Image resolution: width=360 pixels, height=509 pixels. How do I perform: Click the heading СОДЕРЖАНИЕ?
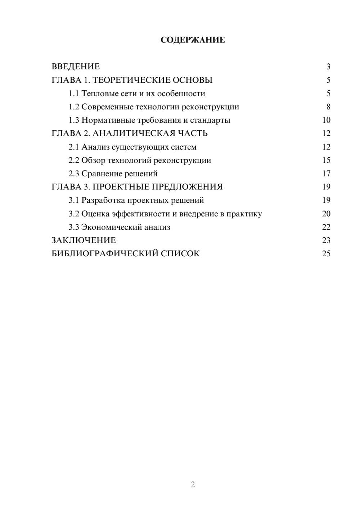click(x=193, y=40)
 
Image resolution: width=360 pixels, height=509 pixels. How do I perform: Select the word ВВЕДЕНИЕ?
click(x=76, y=67)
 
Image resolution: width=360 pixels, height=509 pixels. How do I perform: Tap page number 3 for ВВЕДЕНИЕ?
click(x=328, y=67)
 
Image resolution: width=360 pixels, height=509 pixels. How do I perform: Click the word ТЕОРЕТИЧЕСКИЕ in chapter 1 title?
click(x=130, y=80)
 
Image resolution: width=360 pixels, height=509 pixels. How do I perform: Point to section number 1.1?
click(x=74, y=94)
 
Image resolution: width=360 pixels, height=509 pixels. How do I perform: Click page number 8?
click(x=328, y=107)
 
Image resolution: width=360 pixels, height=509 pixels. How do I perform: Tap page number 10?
click(x=326, y=120)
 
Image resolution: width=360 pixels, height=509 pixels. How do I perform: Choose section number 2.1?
click(x=74, y=147)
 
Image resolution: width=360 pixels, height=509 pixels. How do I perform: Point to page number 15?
click(x=326, y=160)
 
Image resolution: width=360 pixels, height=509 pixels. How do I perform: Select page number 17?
click(x=326, y=174)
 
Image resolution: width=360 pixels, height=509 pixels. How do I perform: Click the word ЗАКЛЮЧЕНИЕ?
click(x=84, y=240)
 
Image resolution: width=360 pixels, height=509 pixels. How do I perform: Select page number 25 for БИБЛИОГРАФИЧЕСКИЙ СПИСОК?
click(x=326, y=253)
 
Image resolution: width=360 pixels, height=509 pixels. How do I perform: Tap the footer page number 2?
click(x=193, y=485)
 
